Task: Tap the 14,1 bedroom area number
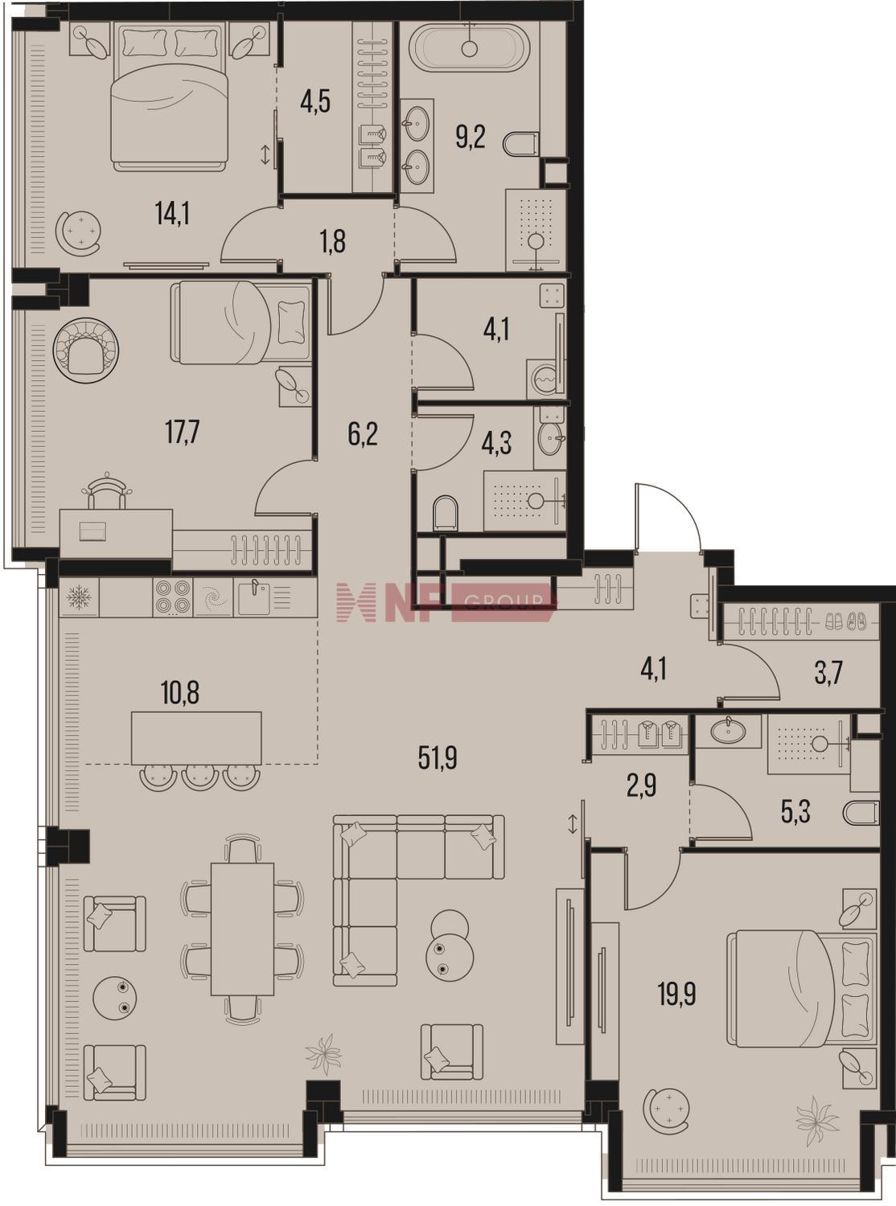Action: tap(172, 215)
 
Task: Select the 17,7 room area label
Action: tap(183, 433)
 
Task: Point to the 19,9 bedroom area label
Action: tap(676, 995)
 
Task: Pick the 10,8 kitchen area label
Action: tap(180, 695)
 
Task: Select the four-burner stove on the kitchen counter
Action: tap(172, 597)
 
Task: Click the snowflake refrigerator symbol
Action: tap(80, 597)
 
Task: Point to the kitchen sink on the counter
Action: tap(255, 597)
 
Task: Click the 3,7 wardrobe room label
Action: tap(829, 675)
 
